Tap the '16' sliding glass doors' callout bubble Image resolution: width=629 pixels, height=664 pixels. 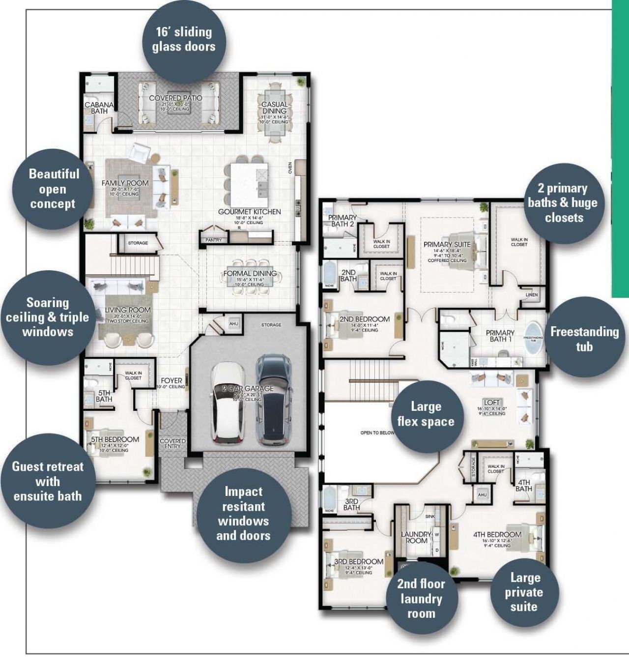tap(184, 39)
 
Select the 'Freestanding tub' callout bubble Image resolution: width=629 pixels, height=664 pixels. tap(584, 339)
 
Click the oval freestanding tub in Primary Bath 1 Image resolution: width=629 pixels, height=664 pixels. tap(533, 338)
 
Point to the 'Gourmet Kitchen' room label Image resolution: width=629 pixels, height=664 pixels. tap(250, 212)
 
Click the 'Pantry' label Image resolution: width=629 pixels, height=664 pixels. tap(214, 240)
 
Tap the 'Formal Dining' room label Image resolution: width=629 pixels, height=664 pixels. tap(250, 274)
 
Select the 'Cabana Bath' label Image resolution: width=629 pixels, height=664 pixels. tap(99, 108)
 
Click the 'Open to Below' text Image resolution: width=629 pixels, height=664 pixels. tap(377, 433)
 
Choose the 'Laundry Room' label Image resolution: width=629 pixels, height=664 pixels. tap(416, 537)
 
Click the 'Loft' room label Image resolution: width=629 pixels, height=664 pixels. tap(491, 403)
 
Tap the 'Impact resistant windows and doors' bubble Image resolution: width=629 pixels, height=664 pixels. tap(243, 513)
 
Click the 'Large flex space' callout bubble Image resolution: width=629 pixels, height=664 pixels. tap(426, 414)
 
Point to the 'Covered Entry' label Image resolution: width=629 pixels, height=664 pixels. tap(172, 443)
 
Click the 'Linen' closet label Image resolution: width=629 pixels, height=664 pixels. tap(532, 295)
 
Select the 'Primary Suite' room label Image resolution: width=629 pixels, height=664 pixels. tap(447, 244)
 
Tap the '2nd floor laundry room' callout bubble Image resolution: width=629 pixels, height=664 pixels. tap(421, 598)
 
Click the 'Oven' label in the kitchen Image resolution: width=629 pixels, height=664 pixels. tap(290, 168)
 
